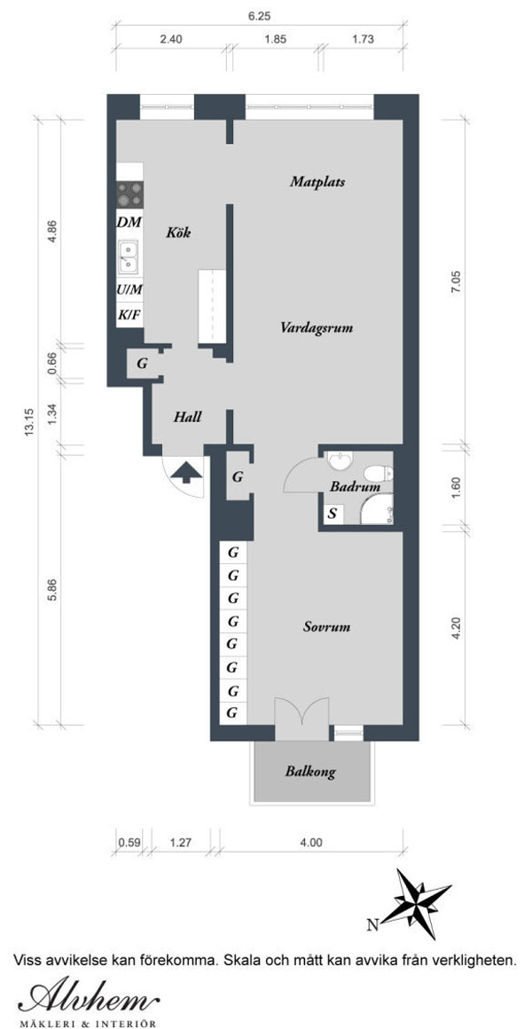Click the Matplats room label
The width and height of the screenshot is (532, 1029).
pyautogui.click(x=317, y=182)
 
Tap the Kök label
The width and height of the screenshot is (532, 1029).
pyautogui.click(x=178, y=232)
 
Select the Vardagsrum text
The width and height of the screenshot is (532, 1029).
pyautogui.click(x=317, y=327)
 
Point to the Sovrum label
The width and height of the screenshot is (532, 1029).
pyautogui.click(x=326, y=627)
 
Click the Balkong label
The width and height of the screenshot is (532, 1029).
pyautogui.click(x=310, y=772)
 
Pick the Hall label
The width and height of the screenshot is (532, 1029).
pyautogui.click(x=188, y=417)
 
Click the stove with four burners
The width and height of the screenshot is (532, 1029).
pyautogui.click(x=129, y=194)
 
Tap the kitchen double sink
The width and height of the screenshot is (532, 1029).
pyautogui.click(x=129, y=256)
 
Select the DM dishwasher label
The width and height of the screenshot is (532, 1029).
pyautogui.click(x=129, y=222)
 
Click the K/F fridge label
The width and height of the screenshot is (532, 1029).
pyautogui.click(x=129, y=314)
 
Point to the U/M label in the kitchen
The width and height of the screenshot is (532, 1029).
pyautogui.click(x=129, y=289)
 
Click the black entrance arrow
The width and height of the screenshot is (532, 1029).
pyautogui.click(x=187, y=471)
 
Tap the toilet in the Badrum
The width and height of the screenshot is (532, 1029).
pyautogui.click(x=379, y=473)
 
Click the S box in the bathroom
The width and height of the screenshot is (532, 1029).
pyautogui.click(x=332, y=514)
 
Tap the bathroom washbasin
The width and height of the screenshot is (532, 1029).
pyautogui.click(x=340, y=462)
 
